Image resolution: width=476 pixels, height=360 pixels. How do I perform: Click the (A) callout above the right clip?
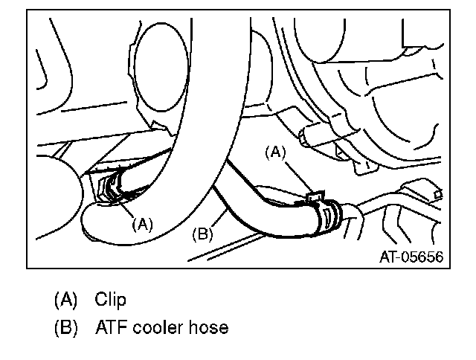pyautogui.click(x=276, y=152)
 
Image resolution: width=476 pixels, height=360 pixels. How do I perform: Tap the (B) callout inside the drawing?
pyautogui.click(x=203, y=235)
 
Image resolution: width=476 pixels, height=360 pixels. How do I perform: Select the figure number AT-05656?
pyautogui.click(x=411, y=257)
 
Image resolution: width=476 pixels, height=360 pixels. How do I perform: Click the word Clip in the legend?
pyautogui.click(x=110, y=300)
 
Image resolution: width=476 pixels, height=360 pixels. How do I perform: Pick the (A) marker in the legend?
pyautogui.click(x=65, y=300)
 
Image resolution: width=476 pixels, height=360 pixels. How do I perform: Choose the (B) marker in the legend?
pyautogui.click(x=65, y=327)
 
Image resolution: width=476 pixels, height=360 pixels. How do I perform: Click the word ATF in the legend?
pyautogui.click(x=111, y=327)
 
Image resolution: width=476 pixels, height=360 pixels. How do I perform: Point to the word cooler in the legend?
pyautogui.click(x=161, y=327)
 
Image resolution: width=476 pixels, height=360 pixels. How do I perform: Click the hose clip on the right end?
pyautogui.click(x=329, y=213)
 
